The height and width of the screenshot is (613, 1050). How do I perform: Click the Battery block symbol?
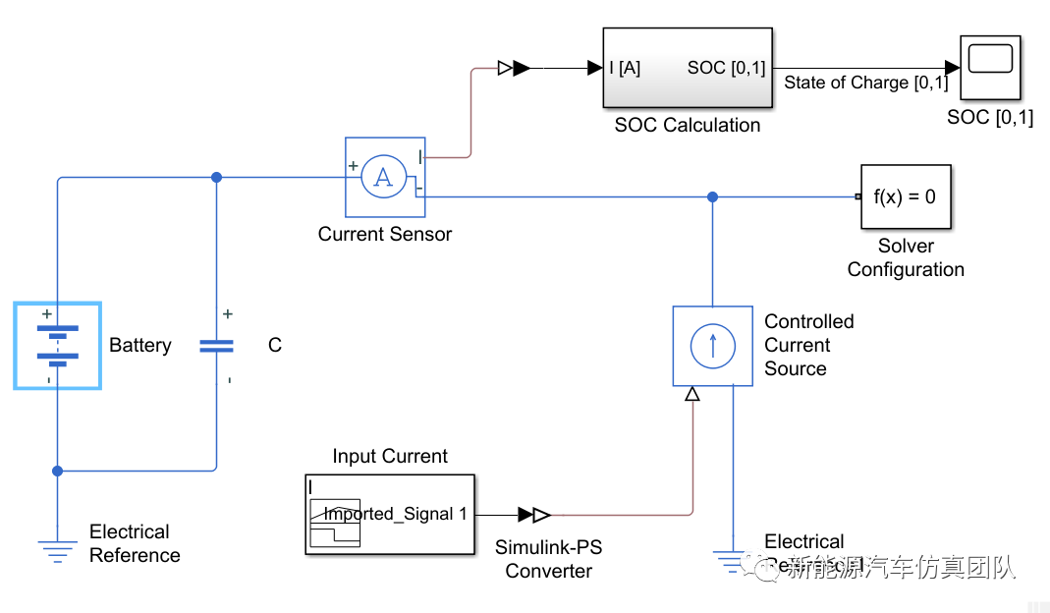[57, 345]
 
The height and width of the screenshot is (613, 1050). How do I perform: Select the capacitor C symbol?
[216, 346]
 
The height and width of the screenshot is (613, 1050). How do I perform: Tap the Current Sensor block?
[384, 177]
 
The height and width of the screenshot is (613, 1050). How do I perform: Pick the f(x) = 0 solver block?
[905, 196]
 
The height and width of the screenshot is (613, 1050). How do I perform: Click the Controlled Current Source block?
[712, 345]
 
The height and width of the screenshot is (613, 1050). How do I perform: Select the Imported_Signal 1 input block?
[389, 514]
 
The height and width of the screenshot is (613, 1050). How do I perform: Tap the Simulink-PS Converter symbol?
[534, 514]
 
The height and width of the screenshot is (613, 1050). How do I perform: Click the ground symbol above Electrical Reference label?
[58, 550]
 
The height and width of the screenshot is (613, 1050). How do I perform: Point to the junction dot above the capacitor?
[216, 177]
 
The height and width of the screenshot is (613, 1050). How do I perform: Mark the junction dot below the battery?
[58, 471]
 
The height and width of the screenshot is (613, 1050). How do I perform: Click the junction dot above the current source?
[712, 196]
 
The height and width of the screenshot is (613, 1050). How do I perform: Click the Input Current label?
[389, 456]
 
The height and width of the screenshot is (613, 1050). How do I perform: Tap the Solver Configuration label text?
[905, 257]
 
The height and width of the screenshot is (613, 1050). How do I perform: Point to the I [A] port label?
[626, 68]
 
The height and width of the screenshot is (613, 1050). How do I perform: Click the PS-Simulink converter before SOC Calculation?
[514, 68]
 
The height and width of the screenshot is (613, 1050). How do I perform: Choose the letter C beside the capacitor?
[275, 346]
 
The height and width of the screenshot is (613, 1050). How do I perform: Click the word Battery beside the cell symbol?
[140, 346]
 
